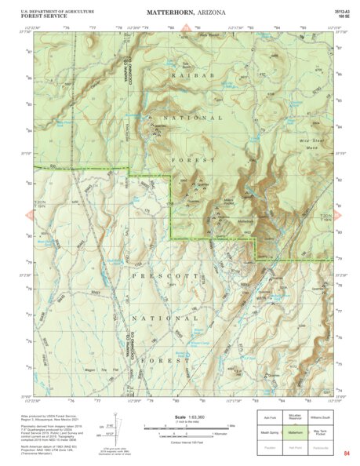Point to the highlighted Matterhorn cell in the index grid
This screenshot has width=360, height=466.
(295, 431)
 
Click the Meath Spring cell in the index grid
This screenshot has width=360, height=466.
(269, 431)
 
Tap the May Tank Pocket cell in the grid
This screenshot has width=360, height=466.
(321, 431)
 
